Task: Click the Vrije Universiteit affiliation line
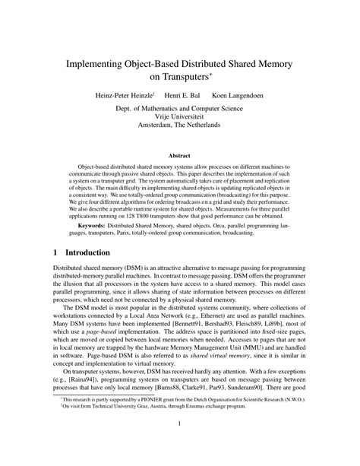tap(180, 122)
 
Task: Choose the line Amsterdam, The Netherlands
tap(180, 132)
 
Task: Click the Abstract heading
tap(179, 154)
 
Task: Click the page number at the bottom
tap(179, 445)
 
